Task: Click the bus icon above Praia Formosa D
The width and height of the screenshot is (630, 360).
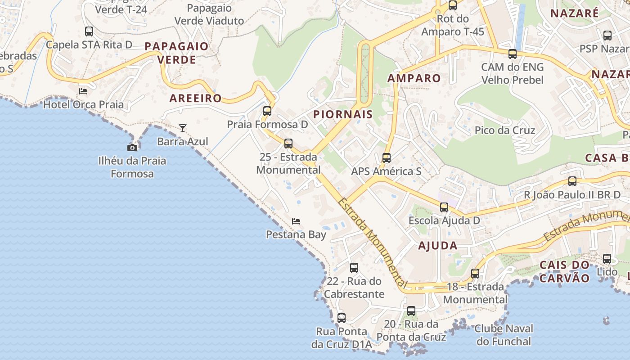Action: [267, 111]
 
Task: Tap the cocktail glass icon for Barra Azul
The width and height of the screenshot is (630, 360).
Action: [182, 128]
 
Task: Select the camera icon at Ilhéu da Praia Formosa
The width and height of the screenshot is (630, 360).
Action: [132, 148]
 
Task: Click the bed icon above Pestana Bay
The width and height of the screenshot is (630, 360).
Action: [296, 221]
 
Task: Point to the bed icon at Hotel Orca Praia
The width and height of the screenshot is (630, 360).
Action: [83, 91]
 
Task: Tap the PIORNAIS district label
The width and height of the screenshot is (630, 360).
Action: [343, 114]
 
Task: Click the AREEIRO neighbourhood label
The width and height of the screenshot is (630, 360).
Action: [195, 99]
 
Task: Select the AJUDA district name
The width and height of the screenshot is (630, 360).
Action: [437, 246]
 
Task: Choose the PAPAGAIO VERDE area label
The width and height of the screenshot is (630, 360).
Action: [176, 53]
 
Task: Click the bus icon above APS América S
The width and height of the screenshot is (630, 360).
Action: [386, 158]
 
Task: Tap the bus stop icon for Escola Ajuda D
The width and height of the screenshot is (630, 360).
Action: [444, 207]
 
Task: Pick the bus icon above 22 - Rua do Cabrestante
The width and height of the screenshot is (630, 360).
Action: [354, 268]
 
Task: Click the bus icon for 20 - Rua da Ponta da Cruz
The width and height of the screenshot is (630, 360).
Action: [411, 310]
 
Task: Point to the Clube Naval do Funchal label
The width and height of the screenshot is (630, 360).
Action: [504, 335]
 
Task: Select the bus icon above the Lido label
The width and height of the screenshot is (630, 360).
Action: [607, 259]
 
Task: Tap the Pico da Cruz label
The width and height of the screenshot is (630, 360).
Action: [504, 130]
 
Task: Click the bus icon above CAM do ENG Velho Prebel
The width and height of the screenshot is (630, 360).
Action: [512, 54]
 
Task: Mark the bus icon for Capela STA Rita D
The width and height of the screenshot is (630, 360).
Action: [89, 31]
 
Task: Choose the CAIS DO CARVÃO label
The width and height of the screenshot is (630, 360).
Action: [564, 271]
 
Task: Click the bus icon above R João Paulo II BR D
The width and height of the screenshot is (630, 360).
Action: [572, 181]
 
